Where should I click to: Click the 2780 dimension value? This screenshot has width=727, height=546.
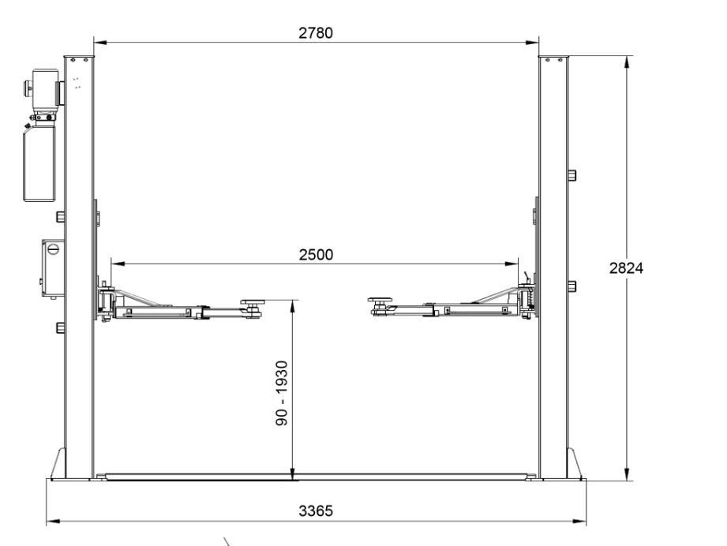coord(316,33)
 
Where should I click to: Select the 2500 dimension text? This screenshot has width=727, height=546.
coord(316,255)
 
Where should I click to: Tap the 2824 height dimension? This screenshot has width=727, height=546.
coord(626,268)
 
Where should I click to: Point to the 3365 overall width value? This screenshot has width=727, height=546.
coord(316,510)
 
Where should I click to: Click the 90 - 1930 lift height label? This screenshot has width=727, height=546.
coord(282,394)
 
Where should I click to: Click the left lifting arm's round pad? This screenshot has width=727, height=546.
coord(251,303)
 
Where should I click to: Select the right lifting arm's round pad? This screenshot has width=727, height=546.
coord(380,301)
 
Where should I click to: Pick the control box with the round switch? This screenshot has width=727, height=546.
coord(53,268)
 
